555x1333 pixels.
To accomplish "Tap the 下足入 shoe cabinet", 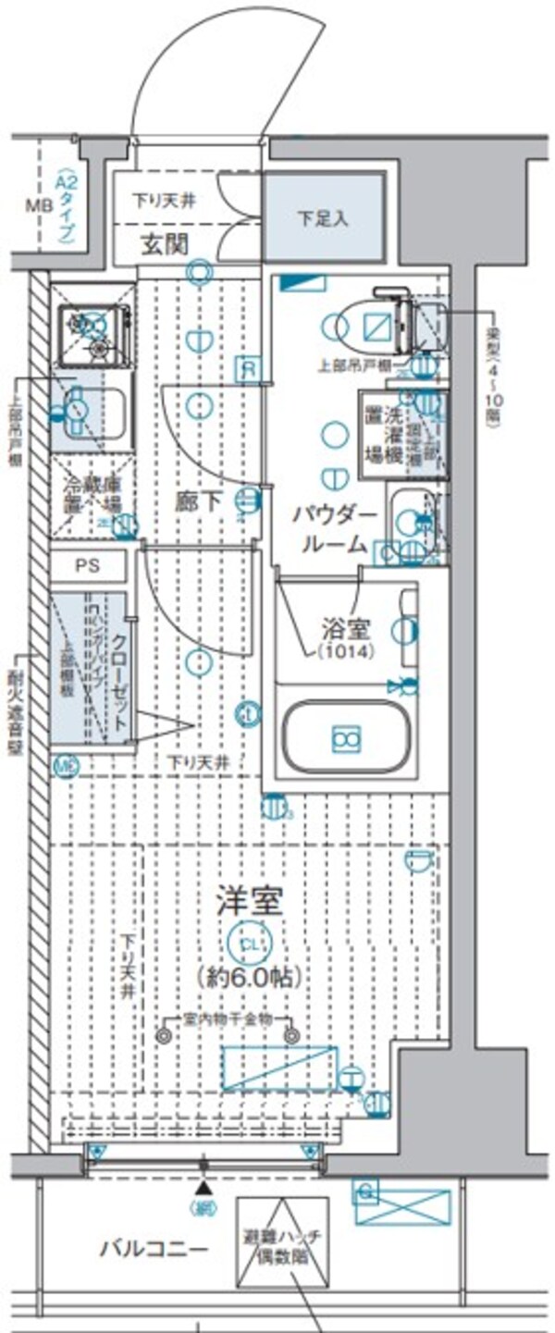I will [x=324, y=218].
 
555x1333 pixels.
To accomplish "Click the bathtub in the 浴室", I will [x=346, y=737].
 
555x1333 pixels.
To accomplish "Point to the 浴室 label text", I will [x=349, y=631].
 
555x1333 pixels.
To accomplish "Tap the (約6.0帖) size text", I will [x=249, y=975].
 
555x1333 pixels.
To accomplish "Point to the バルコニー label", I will [x=154, y=1249].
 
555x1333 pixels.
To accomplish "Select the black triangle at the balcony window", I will [x=203, y=1187].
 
